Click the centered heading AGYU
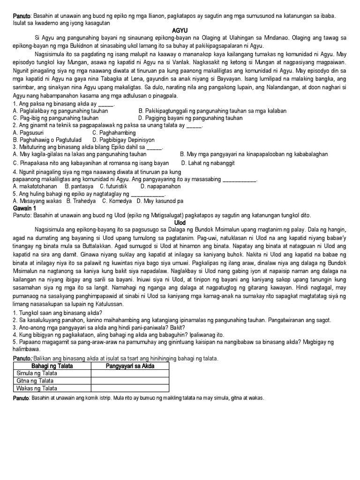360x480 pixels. (x=180, y=29)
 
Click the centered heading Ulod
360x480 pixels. (x=180, y=222)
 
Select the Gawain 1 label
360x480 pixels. (x=24, y=208)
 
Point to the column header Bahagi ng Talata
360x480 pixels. (x=52, y=366)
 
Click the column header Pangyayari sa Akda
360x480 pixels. (x=130, y=366)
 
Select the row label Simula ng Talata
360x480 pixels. (x=37, y=373)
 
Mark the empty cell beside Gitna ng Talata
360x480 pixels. (x=130, y=381)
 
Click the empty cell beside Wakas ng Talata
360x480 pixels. (x=130, y=388)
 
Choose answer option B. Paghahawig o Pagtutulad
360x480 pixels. (x=47, y=140)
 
